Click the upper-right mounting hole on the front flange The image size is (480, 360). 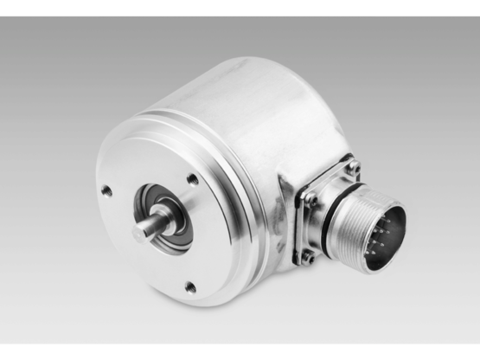pyautogui.click(x=192, y=180)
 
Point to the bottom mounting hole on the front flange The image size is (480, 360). pyautogui.click(x=190, y=287)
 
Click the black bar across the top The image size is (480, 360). pyautogui.click(x=240, y=7)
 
